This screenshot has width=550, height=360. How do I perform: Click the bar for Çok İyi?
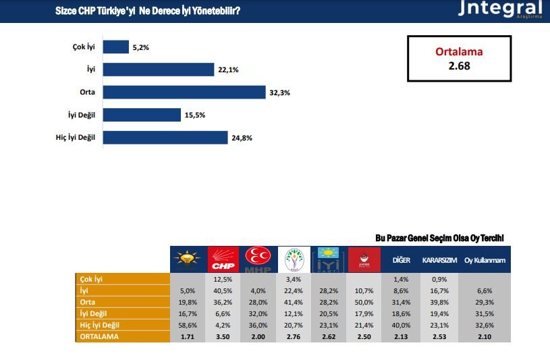coord(116,47)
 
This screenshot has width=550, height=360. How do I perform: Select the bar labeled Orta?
coord(184,92)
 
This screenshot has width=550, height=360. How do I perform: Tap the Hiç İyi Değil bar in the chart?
coord(165,138)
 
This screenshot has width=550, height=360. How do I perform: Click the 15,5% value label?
coord(194,115)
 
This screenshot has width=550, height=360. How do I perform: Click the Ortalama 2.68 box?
coord(459,59)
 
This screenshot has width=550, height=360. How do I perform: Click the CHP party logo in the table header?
coord(224,259)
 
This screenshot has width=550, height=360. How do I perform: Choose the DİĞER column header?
coord(401,260)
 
